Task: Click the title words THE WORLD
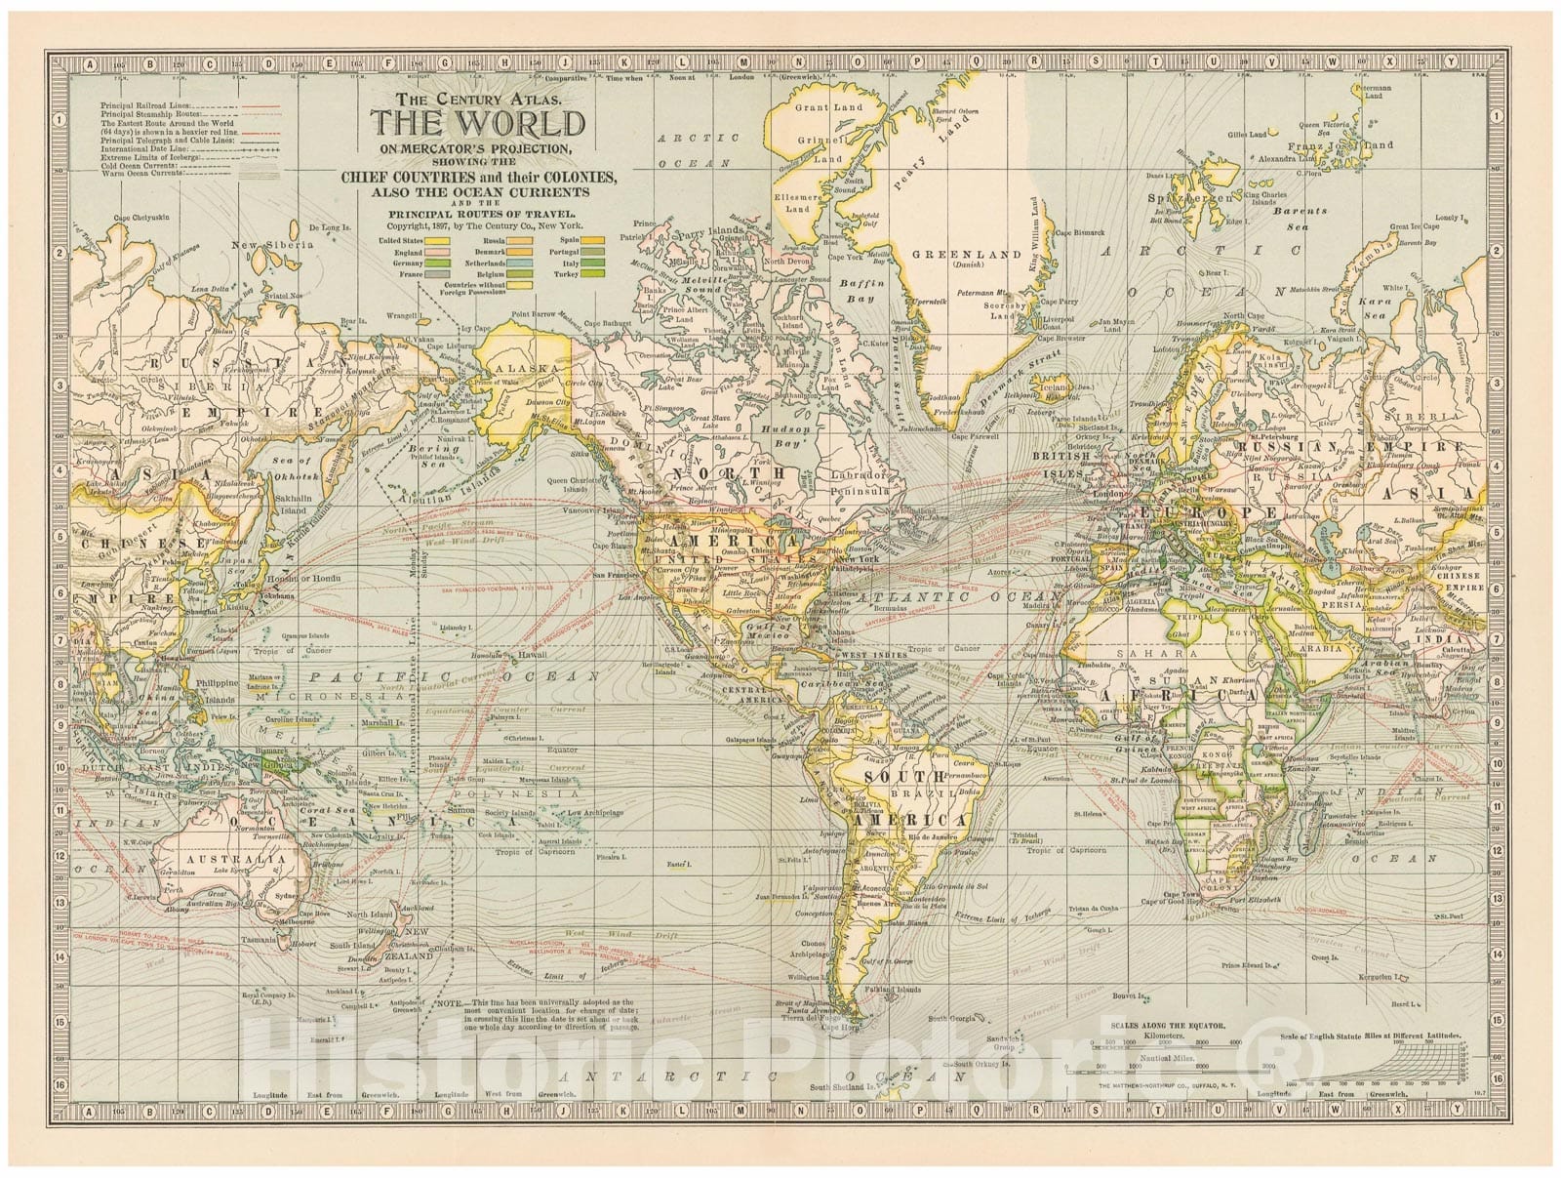pos(477,124)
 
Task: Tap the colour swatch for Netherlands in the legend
pos(520,264)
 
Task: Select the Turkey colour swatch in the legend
pos(592,273)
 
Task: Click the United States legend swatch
pos(437,241)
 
